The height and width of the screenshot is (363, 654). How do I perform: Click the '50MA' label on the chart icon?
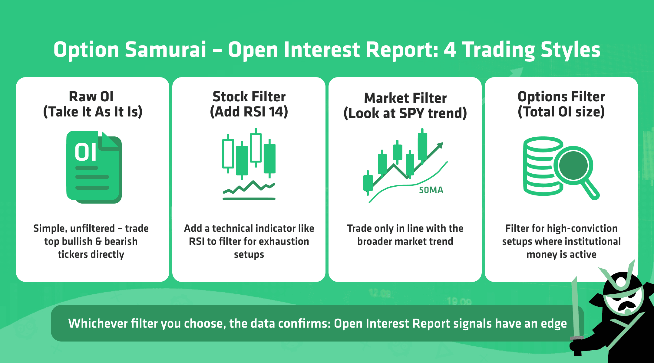(x=431, y=190)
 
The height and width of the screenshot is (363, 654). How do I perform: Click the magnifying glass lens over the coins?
(x=573, y=166)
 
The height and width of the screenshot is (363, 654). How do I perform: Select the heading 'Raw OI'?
(x=91, y=97)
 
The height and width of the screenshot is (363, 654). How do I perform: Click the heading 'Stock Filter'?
(x=249, y=97)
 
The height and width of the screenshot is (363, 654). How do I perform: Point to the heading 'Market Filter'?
(x=405, y=98)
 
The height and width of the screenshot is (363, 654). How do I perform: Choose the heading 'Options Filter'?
(x=561, y=97)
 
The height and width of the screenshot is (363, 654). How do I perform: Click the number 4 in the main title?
(x=450, y=50)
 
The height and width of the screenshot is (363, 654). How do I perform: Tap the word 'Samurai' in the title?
(x=166, y=50)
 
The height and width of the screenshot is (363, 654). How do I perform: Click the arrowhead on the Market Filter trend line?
(x=440, y=146)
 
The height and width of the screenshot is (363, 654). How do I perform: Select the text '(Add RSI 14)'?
(x=249, y=112)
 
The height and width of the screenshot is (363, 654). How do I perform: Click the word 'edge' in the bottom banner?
(x=554, y=324)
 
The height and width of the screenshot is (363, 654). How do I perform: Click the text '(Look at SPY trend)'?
(x=405, y=113)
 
